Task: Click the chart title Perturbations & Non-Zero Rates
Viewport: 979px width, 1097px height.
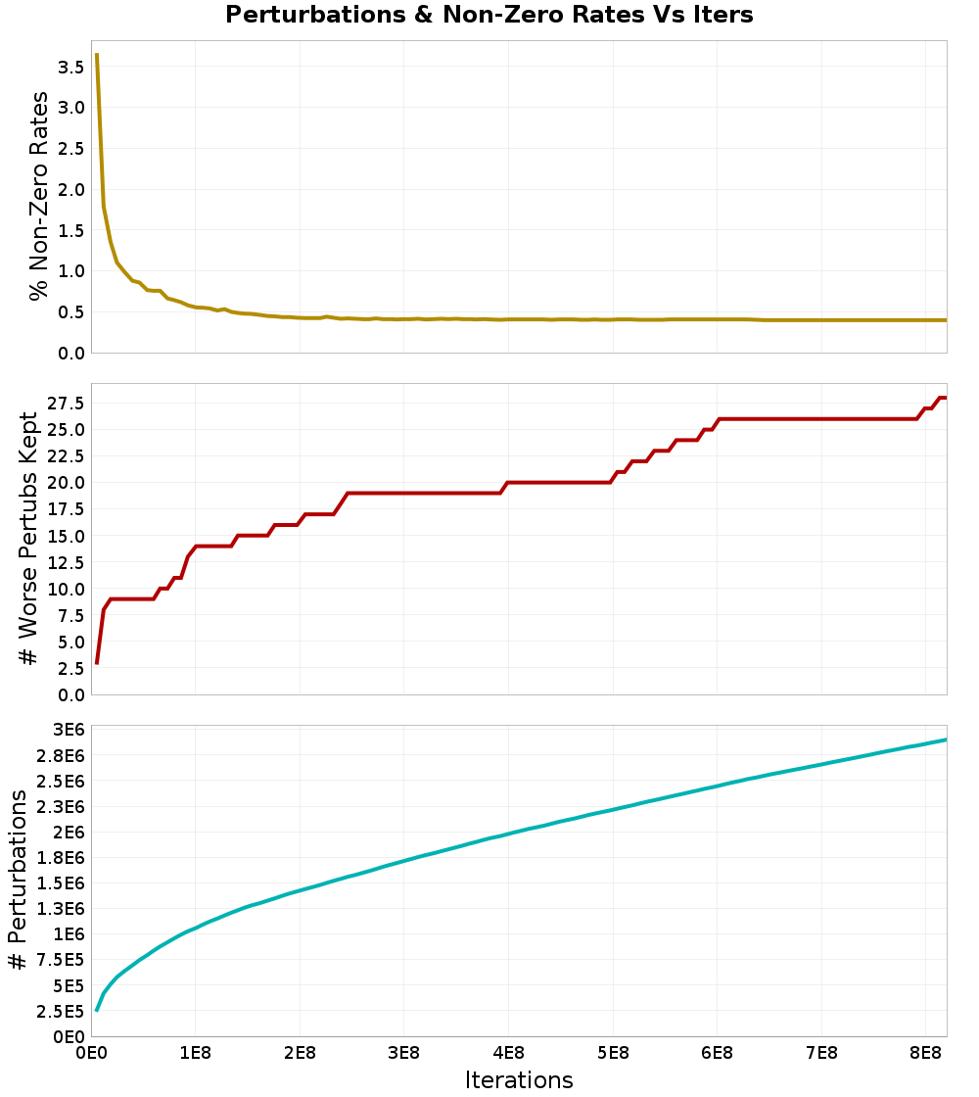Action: (489, 15)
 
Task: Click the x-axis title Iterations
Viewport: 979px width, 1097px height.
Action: (518, 1079)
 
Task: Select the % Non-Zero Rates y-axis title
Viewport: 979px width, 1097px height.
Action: (38, 196)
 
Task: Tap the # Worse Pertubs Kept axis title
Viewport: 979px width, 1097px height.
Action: (29, 539)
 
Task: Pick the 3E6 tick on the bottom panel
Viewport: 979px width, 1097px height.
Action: (68, 730)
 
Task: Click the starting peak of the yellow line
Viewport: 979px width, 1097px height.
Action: (96, 55)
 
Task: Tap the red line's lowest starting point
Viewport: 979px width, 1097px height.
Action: (96, 663)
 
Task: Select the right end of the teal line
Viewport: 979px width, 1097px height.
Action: (946, 739)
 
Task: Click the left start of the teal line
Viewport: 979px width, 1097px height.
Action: (96, 1010)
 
